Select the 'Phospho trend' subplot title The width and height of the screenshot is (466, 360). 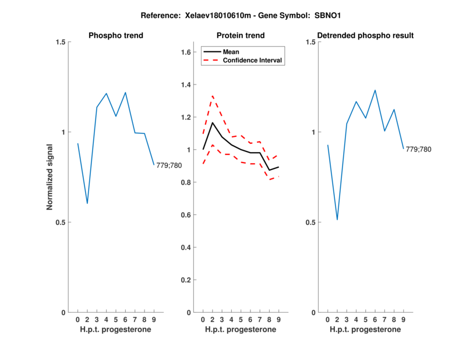(x=116, y=36)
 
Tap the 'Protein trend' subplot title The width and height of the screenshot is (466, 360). (x=241, y=36)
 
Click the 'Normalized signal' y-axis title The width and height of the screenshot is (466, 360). (x=50, y=177)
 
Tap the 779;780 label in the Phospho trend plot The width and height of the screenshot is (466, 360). (x=169, y=166)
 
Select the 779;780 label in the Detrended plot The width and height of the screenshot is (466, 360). (x=419, y=150)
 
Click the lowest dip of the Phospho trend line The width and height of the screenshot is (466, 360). (x=87, y=203)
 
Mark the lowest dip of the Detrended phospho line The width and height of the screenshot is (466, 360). (x=337, y=220)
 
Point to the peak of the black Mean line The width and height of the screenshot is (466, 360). (x=213, y=122)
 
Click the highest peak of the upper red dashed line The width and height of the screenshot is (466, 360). (x=213, y=96)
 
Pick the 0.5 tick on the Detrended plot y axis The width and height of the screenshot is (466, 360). (x=312, y=223)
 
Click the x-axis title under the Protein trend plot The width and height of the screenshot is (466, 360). (x=241, y=330)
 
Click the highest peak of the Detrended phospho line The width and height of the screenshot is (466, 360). (x=375, y=90)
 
